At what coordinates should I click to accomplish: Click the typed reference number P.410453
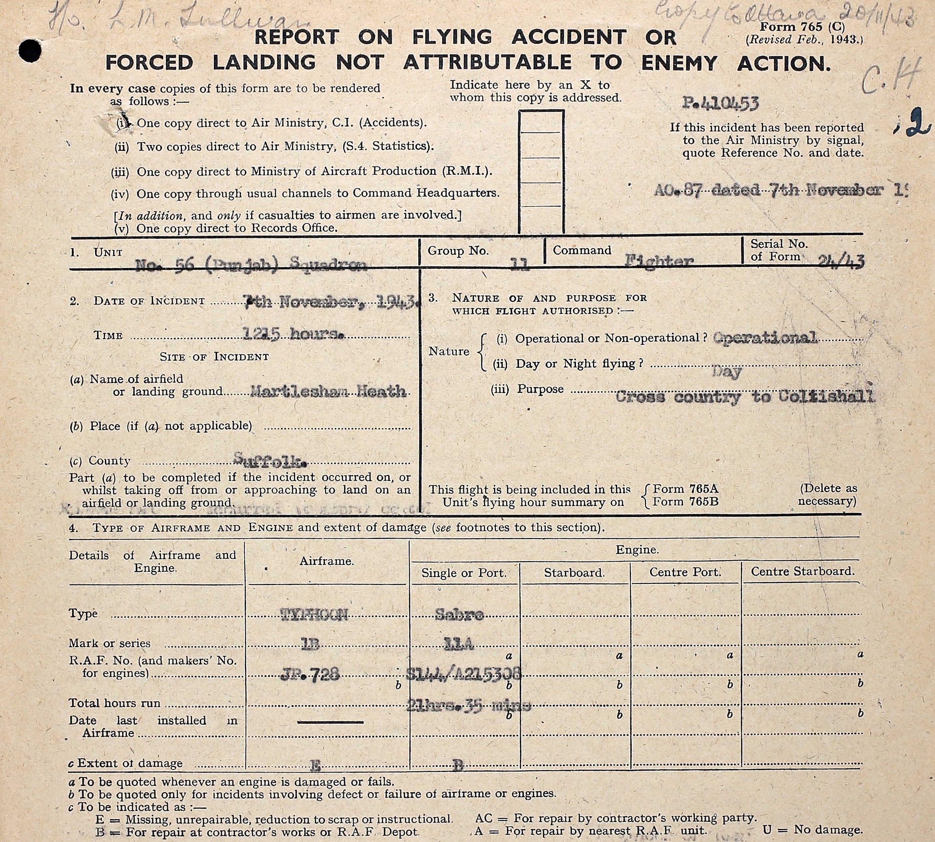coord(720,103)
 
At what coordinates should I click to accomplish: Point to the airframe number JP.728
coord(310,675)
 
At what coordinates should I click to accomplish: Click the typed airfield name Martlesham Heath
coord(328,392)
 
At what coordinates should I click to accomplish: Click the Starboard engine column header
coord(574,573)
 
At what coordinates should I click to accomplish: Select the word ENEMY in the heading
coord(679,63)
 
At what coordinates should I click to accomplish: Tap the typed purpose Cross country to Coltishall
coord(744,396)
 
